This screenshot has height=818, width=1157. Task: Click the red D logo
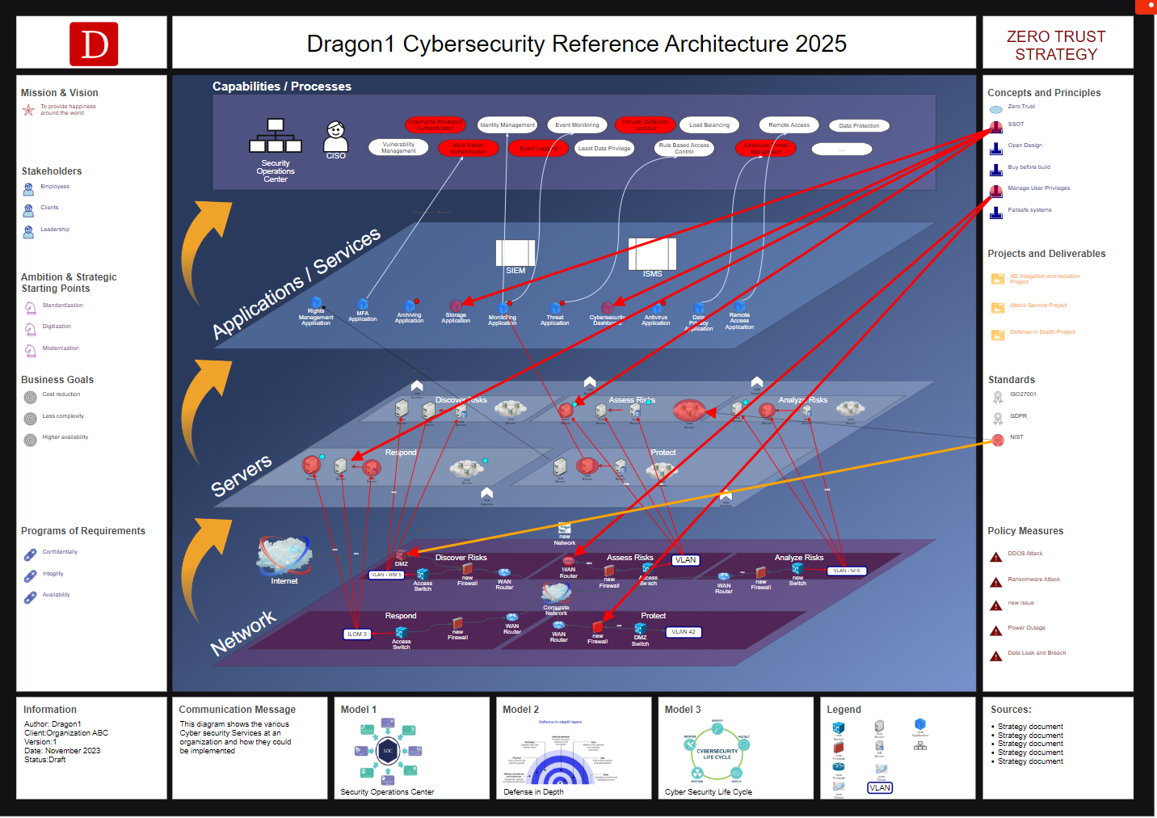94,44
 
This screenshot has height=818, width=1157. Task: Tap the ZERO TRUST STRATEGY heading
1056,45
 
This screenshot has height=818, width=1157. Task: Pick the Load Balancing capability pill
709,125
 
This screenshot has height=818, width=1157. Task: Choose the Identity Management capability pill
507,125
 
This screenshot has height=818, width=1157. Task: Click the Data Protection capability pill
859,126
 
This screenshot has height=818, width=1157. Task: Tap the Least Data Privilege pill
604,149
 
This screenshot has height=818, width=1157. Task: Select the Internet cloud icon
284,555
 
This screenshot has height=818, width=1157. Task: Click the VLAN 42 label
683,632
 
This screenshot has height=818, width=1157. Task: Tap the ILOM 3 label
357,635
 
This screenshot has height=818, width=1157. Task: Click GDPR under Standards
1018,416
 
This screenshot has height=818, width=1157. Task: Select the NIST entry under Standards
1016,437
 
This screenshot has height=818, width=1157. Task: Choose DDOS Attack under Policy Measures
1024,554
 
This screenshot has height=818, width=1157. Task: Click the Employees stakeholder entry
55,187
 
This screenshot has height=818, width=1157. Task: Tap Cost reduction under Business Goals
61,394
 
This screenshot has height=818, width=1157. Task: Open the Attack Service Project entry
1038,306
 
